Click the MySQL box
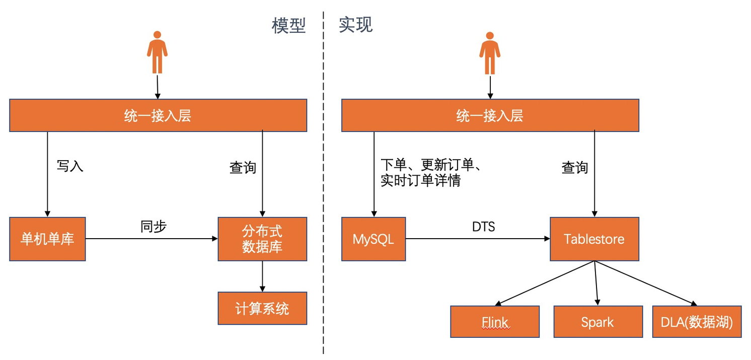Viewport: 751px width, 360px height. tap(373, 239)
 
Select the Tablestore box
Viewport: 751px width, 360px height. tap(594, 239)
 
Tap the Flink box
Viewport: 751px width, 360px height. tap(494, 322)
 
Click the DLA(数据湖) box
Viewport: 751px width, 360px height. tap(697, 322)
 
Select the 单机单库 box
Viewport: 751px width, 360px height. tap(47, 239)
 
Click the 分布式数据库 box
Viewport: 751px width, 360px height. tap(262, 239)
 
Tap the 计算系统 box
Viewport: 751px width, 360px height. tap(262, 308)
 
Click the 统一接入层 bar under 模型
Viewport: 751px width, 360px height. tap(158, 116)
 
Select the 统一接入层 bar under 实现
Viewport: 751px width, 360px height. tap(490, 116)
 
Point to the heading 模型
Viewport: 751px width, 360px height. tap(289, 25)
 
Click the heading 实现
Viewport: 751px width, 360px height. tap(355, 25)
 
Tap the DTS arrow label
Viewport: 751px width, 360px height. tap(483, 227)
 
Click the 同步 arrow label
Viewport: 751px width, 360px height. tap(153, 227)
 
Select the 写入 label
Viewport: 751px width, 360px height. tap(70, 166)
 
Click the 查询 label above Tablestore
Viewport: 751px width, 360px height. tap(575, 168)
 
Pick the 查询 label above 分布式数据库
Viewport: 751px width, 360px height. tap(243, 168)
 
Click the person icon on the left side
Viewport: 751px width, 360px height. tap(157, 52)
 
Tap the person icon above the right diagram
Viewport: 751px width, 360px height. tap(489, 52)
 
